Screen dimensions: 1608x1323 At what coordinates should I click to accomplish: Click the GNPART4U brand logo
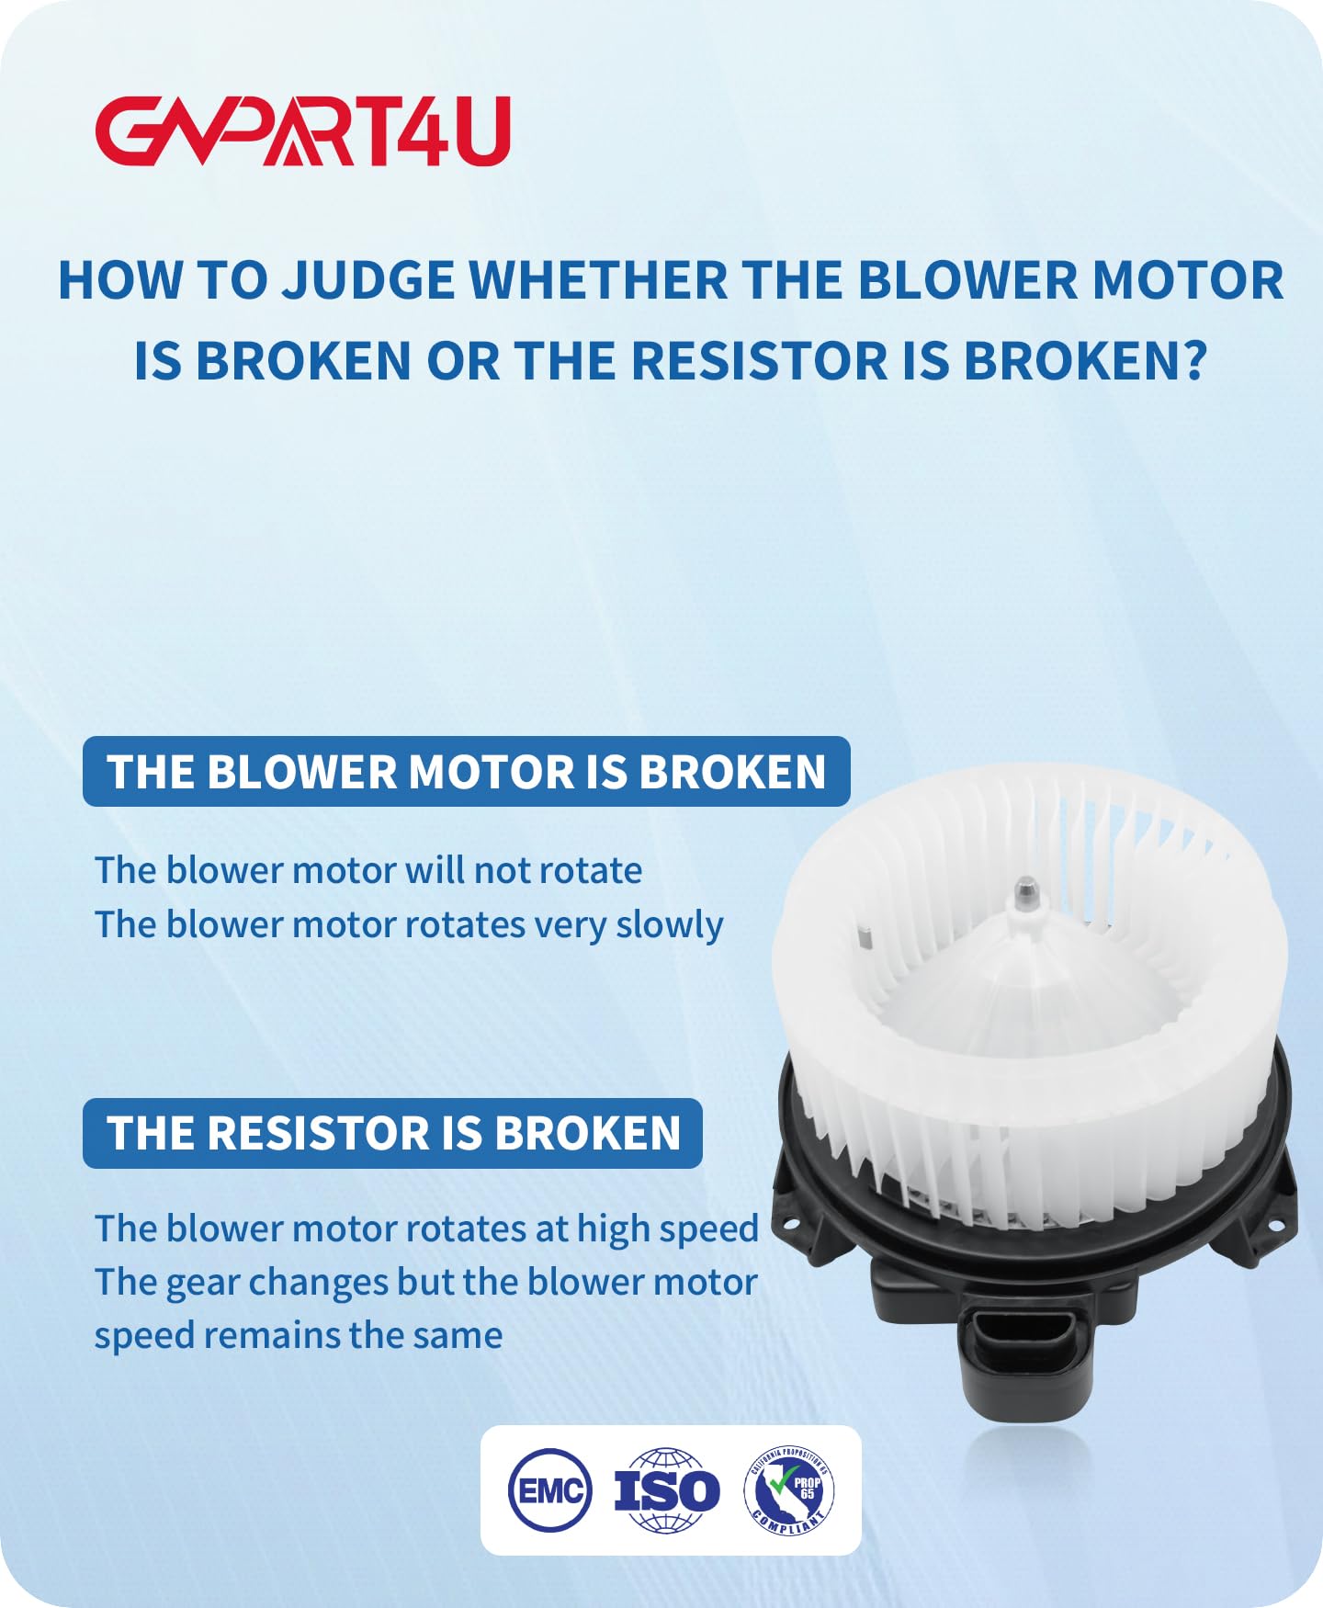pos(302,131)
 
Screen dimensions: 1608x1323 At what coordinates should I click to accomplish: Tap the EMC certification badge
pos(549,1489)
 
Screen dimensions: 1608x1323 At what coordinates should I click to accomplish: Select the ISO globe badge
pos(667,1489)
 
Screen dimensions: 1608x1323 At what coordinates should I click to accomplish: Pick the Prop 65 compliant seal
pos(789,1489)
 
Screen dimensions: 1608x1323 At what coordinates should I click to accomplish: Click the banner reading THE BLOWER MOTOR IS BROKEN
pos(466,772)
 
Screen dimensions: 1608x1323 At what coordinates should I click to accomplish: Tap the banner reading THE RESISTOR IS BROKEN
pos(392,1133)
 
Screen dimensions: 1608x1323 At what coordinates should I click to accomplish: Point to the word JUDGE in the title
pos(367,280)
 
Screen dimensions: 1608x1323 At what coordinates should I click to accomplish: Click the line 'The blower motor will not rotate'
pos(368,870)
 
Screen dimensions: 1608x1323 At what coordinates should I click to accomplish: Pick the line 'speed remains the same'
pos(299,1335)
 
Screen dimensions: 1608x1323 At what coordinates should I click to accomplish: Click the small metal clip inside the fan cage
pos(864,938)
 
